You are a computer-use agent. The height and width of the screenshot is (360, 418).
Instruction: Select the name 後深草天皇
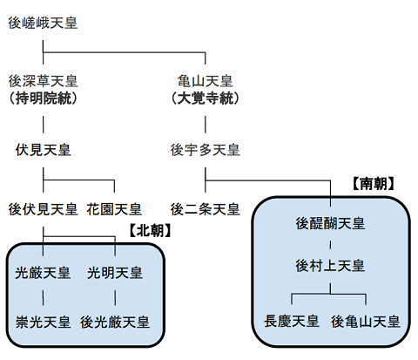[43, 81]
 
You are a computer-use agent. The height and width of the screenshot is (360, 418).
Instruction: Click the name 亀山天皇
[205, 81]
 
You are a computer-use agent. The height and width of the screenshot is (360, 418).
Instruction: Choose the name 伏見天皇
[43, 150]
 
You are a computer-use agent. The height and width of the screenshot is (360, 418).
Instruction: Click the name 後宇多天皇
[205, 150]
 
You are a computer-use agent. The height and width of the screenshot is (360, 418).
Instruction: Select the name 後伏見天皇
[43, 209]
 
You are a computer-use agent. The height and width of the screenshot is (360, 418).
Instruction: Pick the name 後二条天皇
[205, 209]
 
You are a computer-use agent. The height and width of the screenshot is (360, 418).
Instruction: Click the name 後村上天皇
[332, 263]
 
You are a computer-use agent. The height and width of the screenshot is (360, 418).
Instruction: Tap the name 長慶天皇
[292, 322]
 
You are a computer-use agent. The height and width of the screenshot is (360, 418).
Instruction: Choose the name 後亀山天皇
[366, 322]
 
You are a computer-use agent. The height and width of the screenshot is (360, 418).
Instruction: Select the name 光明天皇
[115, 274]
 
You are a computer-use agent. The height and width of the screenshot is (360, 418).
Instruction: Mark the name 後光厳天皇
[115, 323]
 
